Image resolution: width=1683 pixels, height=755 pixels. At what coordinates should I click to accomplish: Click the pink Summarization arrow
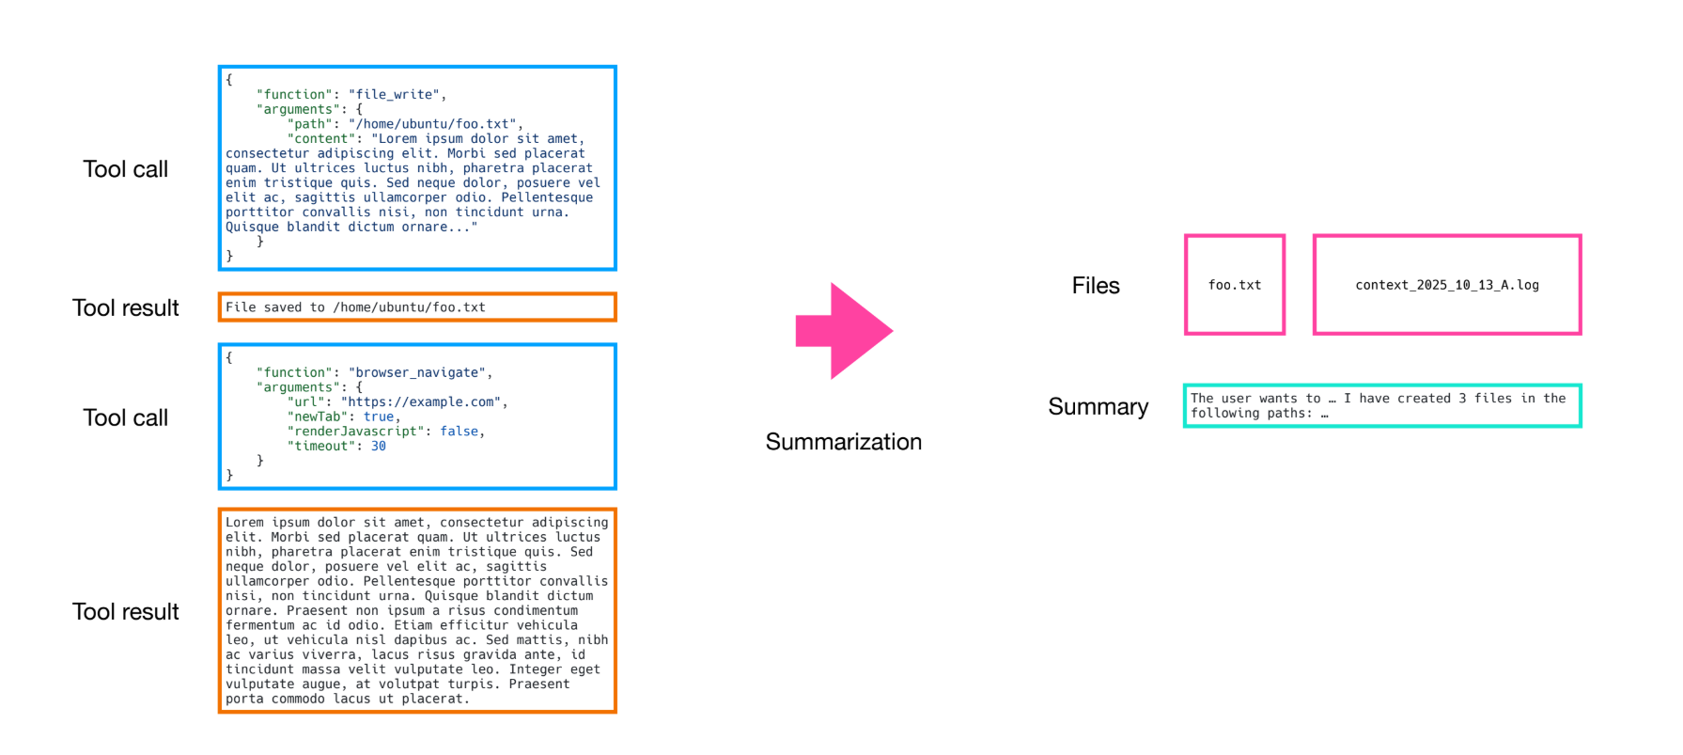click(x=843, y=331)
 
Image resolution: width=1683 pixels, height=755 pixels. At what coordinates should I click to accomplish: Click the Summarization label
click(x=843, y=442)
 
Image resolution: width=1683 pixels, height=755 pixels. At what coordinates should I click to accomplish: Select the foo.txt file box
click(x=1234, y=285)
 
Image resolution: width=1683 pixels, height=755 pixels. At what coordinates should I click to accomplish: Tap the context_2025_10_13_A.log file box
click(x=1446, y=285)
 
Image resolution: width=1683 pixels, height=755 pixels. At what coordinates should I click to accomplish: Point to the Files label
click(x=1096, y=286)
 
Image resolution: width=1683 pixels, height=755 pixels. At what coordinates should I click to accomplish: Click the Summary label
click(x=1098, y=406)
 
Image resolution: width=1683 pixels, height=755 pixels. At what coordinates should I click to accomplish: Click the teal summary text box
click(x=1381, y=405)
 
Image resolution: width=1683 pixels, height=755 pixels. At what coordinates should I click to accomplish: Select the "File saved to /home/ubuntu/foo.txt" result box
click(x=417, y=307)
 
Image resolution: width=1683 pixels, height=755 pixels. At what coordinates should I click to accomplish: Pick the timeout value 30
click(x=379, y=447)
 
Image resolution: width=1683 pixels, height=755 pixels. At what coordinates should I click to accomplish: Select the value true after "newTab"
click(x=379, y=417)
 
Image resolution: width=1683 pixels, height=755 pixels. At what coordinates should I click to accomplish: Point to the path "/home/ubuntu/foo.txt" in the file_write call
click(x=432, y=124)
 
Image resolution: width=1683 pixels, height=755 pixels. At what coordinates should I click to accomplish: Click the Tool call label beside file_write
click(x=125, y=169)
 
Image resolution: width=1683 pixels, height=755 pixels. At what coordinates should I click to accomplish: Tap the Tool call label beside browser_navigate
click(x=125, y=417)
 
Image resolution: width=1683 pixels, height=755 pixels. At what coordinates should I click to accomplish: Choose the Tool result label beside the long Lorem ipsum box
click(x=125, y=612)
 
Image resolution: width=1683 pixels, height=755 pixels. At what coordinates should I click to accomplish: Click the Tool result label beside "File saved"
click(x=125, y=308)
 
